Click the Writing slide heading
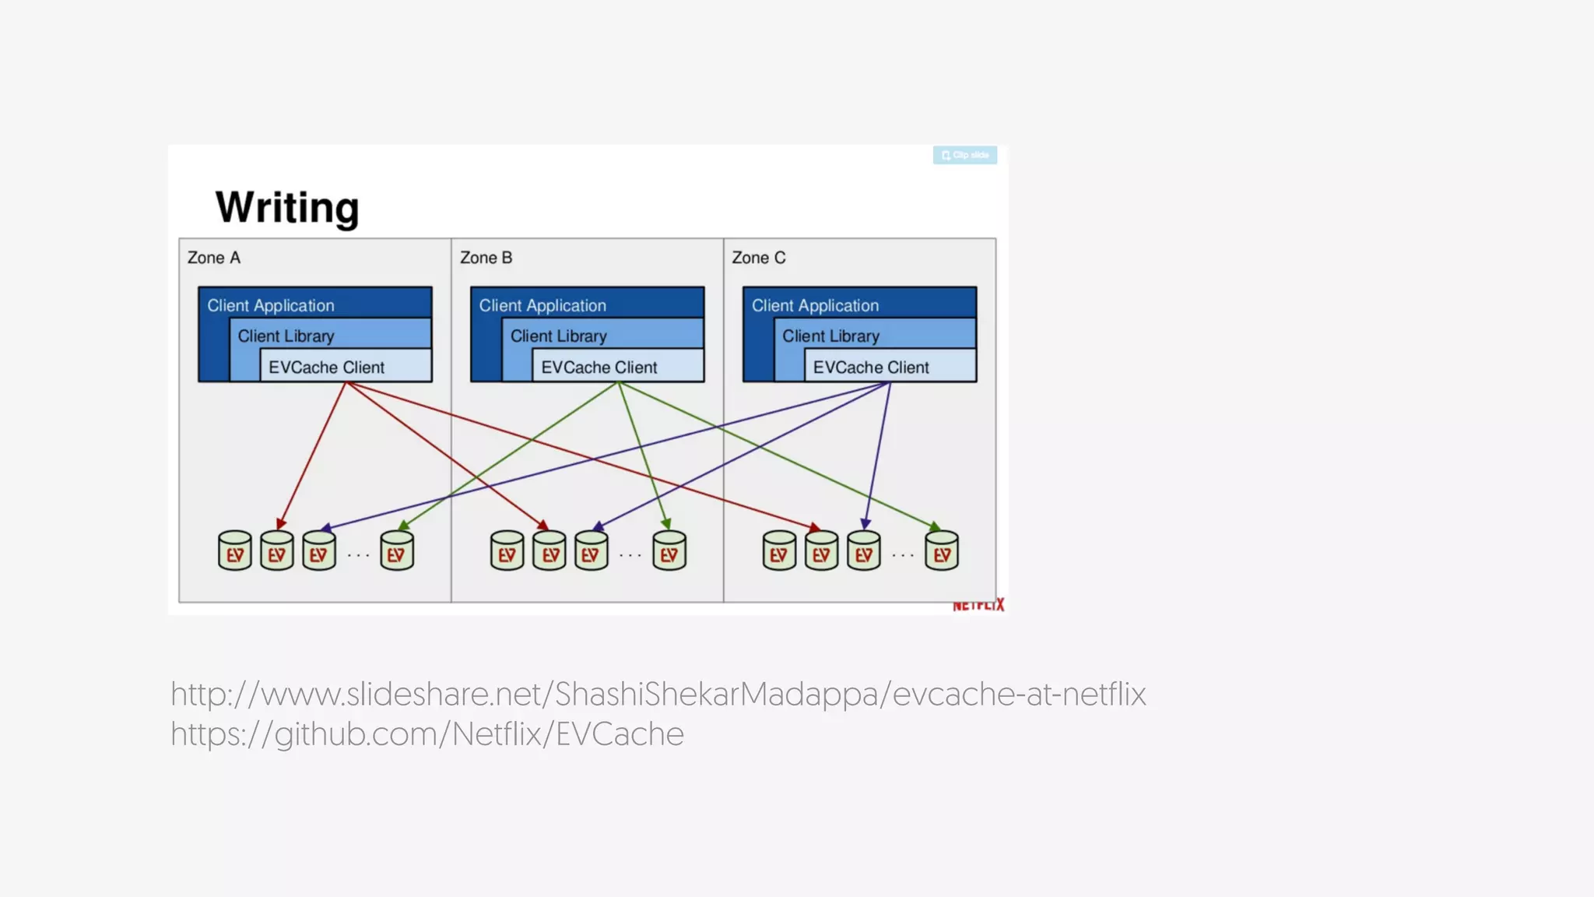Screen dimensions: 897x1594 [287, 207]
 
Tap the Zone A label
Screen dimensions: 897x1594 [214, 258]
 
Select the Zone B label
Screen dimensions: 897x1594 [486, 258]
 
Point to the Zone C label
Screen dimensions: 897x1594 [758, 258]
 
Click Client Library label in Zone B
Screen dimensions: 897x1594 [558, 336]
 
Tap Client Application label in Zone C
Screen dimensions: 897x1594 [815, 305]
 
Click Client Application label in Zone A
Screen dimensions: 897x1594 [270, 305]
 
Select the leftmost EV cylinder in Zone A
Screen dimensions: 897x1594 [234, 551]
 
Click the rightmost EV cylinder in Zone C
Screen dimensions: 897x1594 [942, 551]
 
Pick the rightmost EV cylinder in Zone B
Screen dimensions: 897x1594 [669, 551]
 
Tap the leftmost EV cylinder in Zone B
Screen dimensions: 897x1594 [507, 551]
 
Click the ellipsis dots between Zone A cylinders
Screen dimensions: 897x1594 [358, 555]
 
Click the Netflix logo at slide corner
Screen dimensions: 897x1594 [978, 605]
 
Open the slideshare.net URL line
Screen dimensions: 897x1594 [658, 694]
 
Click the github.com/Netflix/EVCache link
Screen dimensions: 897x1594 [427, 734]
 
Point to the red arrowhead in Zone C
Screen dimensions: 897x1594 [814, 528]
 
